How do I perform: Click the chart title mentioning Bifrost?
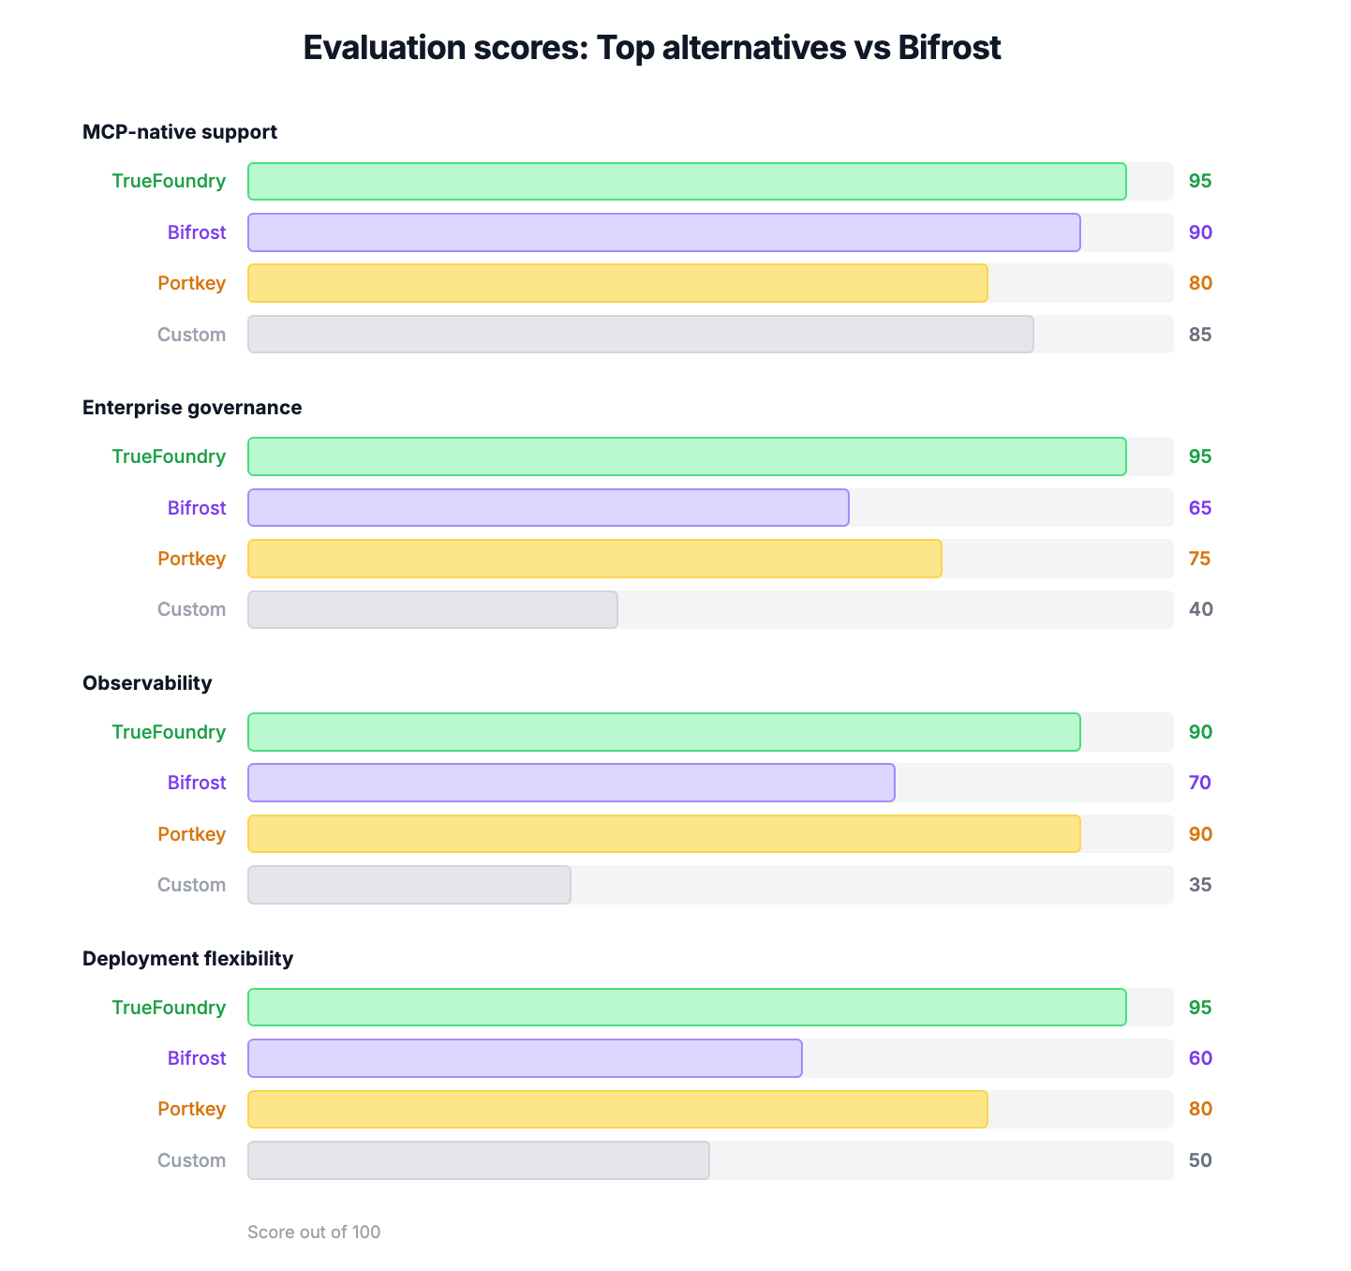[x=652, y=48]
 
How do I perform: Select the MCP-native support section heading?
[x=180, y=132]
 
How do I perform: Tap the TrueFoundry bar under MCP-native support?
[x=687, y=182]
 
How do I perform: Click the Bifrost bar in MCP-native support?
[x=663, y=232]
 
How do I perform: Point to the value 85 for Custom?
[x=1200, y=335]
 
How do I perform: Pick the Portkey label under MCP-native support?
[x=191, y=283]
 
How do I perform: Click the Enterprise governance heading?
[x=192, y=408]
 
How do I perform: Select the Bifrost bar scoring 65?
[x=548, y=508]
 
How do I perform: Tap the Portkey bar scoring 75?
[x=594, y=559]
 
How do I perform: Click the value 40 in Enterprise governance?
[x=1200, y=609]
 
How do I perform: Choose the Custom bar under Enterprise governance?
[x=433, y=609]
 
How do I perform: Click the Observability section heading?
[x=147, y=683]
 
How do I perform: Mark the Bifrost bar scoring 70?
[x=572, y=783]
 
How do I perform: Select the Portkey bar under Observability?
[x=663, y=834]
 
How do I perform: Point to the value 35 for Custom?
[x=1200, y=885]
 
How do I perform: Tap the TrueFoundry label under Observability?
[x=169, y=732]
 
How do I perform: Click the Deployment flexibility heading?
[x=187, y=959]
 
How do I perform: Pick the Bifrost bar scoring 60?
[x=525, y=1058]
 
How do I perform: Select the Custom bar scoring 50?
[x=479, y=1160]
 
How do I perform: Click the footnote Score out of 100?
[x=314, y=1233]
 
